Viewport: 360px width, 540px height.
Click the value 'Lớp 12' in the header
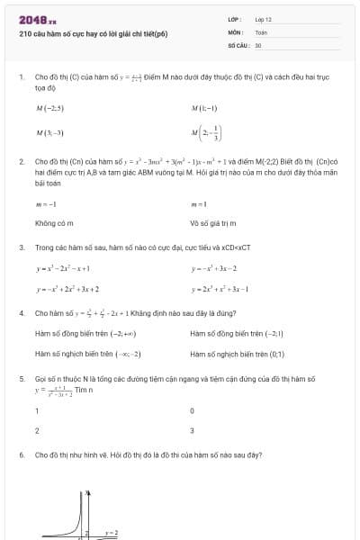pyautogui.click(x=263, y=19)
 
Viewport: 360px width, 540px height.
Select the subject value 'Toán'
pyautogui.click(x=261, y=31)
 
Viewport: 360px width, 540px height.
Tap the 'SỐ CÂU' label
pyautogui.click(x=238, y=44)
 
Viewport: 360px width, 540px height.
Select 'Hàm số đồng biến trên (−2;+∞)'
pyautogui.click(x=87, y=333)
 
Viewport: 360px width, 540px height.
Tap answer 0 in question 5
pyautogui.click(x=193, y=410)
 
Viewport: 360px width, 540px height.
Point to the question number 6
pyautogui.click(x=21, y=455)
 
